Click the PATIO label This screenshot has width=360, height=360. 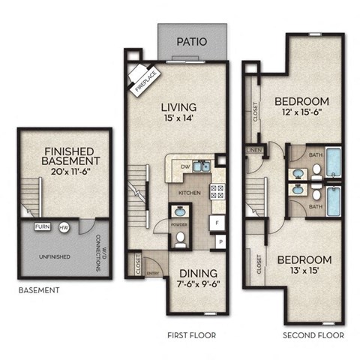pos(191,42)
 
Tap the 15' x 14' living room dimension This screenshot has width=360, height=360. pos(178,118)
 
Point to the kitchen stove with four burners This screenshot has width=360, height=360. pos(217,191)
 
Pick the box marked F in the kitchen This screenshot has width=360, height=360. pos(217,223)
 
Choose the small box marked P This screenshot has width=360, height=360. pos(220,241)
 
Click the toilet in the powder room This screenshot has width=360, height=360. pos(181,239)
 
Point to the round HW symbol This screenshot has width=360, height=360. pos(64,226)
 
